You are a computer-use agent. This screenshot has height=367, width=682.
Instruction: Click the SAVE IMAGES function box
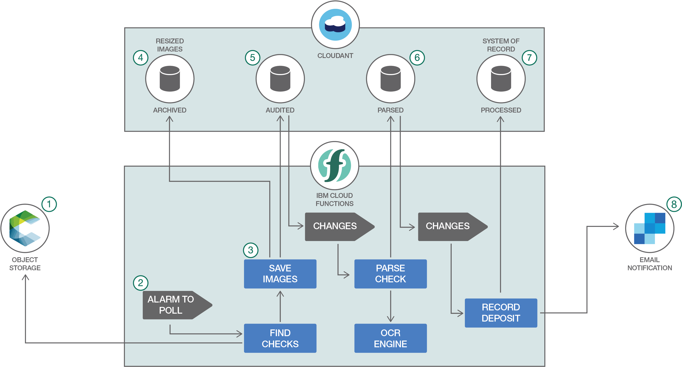click(x=280, y=274)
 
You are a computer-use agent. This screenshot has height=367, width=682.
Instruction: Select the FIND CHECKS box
click(x=280, y=338)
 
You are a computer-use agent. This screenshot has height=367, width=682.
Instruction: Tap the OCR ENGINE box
click(x=390, y=338)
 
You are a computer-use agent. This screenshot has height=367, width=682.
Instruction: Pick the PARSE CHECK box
click(x=390, y=274)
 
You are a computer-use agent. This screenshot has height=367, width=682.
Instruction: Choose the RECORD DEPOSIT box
click(x=501, y=313)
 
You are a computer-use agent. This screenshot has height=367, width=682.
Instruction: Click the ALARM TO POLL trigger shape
click(x=175, y=305)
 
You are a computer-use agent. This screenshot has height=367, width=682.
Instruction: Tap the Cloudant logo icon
click(x=335, y=25)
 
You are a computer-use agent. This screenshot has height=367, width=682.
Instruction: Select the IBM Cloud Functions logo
click(x=335, y=165)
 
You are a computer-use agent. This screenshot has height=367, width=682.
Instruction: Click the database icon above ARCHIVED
click(x=170, y=79)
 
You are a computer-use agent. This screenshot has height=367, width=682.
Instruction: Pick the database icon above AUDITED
click(x=280, y=79)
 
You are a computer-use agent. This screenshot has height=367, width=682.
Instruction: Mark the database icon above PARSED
click(x=390, y=79)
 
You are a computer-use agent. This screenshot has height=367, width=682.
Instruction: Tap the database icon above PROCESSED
click(x=501, y=79)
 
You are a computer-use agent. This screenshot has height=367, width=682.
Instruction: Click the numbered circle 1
click(x=49, y=204)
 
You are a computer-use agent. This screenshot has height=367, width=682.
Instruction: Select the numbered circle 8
click(x=674, y=204)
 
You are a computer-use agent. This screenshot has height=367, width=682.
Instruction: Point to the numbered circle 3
click(x=251, y=250)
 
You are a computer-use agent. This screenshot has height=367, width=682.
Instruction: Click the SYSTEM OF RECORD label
click(x=501, y=45)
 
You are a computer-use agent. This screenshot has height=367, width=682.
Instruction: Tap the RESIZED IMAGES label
click(x=170, y=45)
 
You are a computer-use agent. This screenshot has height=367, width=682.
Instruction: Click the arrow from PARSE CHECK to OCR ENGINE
click(x=390, y=306)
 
